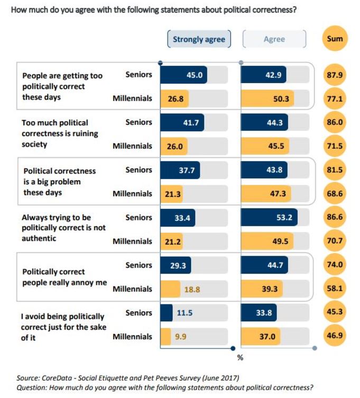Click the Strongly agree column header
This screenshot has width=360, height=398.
pyautogui.click(x=199, y=39)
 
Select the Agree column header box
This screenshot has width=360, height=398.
pyautogui.click(x=274, y=39)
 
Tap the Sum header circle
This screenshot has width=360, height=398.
pyautogui.click(x=335, y=39)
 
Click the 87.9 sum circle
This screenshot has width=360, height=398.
pyautogui.click(x=335, y=75)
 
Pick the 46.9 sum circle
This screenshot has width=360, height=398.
pyautogui.click(x=335, y=337)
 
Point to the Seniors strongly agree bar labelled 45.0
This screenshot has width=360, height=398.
pyautogui.click(x=183, y=75)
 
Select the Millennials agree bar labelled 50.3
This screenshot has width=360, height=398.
pyautogui.click(x=267, y=98)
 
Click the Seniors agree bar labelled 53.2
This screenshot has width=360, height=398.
pyautogui.click(x=270, y=218)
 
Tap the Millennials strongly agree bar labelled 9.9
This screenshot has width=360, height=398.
pyautogui.click(x=165, y=337)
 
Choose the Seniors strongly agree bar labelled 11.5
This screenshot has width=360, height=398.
pyautogui.click(x=167, y=313)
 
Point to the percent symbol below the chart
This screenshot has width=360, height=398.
pyautogui.click(x=239, y=358)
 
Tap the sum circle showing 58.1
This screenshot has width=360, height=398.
pyautogui.click(x=335, y=289)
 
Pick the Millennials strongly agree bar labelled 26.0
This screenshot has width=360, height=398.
pyautogui.click(x=174, y=146)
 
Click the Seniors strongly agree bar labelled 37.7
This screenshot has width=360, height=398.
pyautogui.click(x=180, y=170)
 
